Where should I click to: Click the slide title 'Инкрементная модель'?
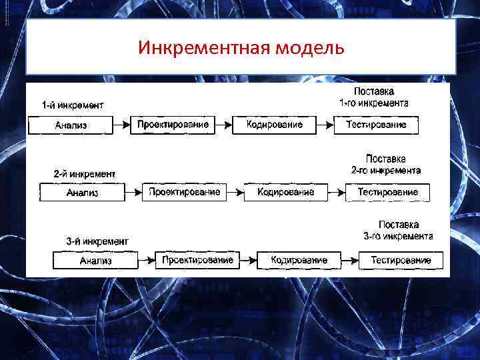241,48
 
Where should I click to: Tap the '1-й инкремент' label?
73,105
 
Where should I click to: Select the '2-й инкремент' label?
85,173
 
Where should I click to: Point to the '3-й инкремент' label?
97,241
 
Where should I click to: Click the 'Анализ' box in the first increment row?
71,125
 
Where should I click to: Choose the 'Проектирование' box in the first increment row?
173,125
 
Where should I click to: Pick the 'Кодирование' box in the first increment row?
274,125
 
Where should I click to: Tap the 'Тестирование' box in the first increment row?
376,125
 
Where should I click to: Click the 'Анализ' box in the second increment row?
83,193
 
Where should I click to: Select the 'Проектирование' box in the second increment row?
185,193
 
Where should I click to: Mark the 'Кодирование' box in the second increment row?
286,193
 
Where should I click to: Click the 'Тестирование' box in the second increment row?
388,193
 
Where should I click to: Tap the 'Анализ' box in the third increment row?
95,261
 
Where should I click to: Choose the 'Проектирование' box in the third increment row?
197,261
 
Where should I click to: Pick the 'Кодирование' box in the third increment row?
299,261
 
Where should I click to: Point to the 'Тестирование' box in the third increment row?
401,261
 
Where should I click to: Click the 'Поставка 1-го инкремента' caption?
374,97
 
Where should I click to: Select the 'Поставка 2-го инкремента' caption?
386,165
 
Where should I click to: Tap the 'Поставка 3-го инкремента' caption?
399,231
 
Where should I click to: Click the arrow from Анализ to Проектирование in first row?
122,125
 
